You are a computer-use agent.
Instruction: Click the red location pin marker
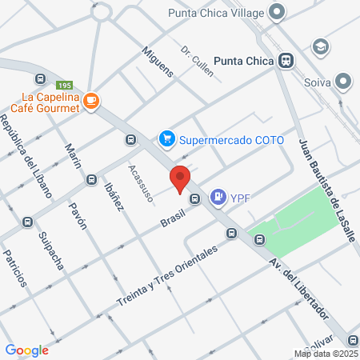180,177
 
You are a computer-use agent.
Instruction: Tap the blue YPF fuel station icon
218,197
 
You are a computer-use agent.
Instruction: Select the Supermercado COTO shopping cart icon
167,139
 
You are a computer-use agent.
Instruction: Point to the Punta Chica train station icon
285,60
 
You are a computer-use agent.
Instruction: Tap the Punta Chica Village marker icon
277,11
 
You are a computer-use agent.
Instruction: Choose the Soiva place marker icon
344,81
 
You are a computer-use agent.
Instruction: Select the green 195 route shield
65,86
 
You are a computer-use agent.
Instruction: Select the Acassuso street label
140,183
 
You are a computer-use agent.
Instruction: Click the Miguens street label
157,60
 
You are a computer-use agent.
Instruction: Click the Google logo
26,350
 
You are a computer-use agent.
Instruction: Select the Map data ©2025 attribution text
326,354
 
